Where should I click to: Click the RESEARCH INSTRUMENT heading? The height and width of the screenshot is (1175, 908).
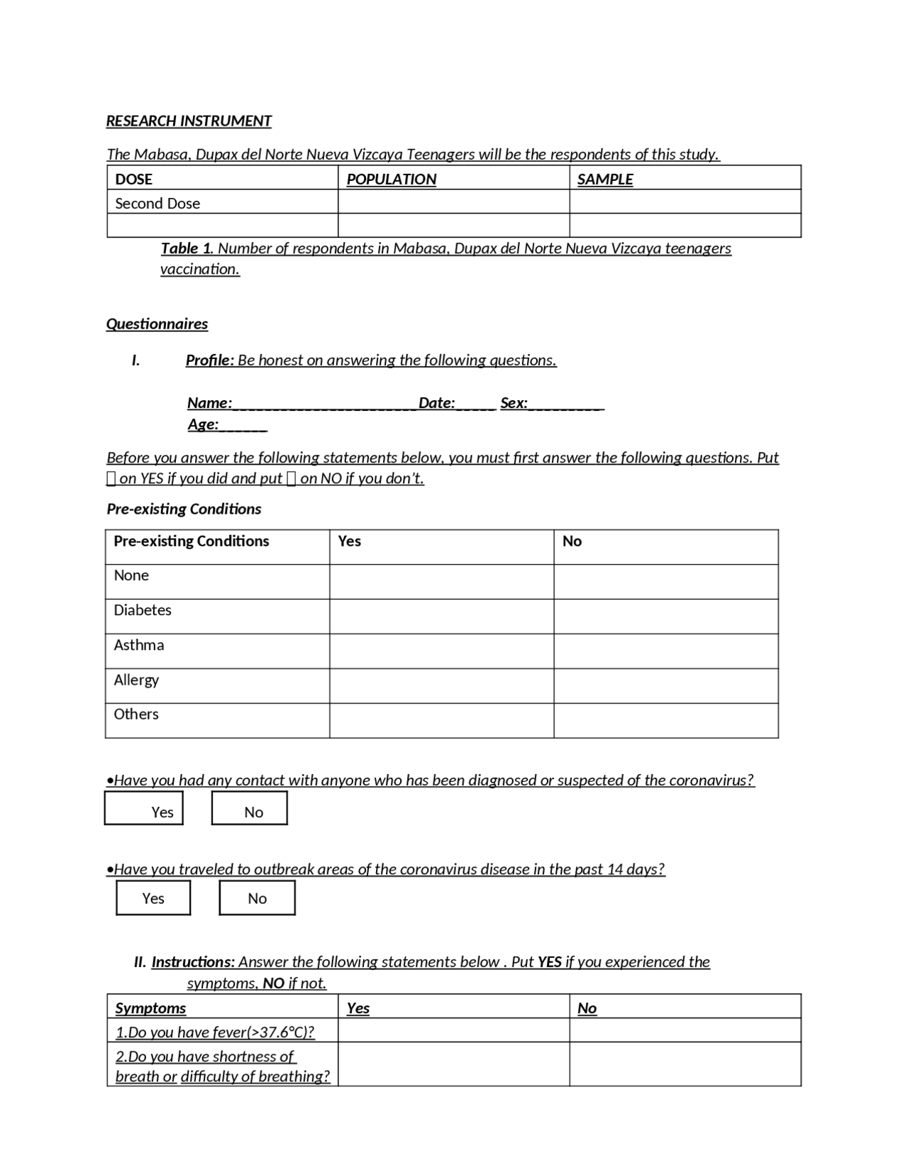(189, 121)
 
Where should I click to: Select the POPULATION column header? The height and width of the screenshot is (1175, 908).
(391, 180)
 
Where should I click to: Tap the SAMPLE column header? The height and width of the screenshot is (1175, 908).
(604, 180)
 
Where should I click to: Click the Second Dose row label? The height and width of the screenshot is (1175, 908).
(157, 204)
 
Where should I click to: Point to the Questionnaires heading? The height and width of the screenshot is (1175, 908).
(157, 324)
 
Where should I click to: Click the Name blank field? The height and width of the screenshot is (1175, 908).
(324, 404)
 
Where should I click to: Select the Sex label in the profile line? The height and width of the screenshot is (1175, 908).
(514, 404)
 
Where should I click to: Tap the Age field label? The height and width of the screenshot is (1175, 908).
(203, 425)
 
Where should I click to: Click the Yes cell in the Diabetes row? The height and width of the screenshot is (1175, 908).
(441, 617)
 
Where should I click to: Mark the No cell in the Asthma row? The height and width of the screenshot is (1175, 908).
(665, 651)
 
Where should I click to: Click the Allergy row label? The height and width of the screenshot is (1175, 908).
(136, 680)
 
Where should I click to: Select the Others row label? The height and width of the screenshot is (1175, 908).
(136, 715)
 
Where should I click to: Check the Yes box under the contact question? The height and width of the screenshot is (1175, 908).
(144, 809)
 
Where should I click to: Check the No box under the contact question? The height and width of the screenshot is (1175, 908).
(250, 809)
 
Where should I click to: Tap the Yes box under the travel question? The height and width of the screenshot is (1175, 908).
(153, 898)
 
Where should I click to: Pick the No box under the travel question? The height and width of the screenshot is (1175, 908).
(257, 898)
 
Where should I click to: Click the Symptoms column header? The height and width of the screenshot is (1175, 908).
(150, 1008)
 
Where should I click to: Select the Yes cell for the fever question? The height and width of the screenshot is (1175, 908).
(453, 1031)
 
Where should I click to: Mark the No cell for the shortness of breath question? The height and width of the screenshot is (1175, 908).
(685, 1064)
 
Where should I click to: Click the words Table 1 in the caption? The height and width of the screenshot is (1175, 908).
(187, 249)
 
